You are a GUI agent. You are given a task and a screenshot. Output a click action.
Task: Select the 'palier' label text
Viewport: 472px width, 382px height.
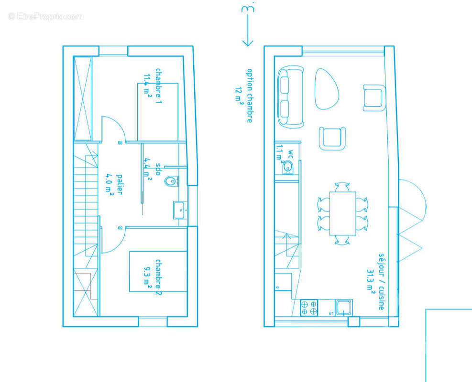120,184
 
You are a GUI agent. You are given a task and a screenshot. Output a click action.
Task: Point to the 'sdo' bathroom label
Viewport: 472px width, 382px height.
158,169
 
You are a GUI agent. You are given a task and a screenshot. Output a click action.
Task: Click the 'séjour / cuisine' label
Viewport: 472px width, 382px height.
382,282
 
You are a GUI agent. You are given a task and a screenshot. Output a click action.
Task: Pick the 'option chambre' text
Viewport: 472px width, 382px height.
250,95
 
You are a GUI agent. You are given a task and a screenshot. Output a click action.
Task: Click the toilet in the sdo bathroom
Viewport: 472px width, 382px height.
171,181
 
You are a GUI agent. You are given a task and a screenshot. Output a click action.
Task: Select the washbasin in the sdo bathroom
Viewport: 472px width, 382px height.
180,210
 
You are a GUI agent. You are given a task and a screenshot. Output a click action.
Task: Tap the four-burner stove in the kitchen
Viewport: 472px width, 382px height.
309,308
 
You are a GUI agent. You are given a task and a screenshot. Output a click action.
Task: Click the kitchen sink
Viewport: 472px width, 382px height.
343,308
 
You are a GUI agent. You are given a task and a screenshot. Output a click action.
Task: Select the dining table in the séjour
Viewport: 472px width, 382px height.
342,213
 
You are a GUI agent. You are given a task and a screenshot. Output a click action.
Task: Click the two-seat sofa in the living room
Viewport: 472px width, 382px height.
291,97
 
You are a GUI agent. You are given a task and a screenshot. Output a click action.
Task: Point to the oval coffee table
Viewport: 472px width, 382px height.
327,89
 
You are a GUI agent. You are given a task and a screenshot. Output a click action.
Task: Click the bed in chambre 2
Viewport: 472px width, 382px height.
158,271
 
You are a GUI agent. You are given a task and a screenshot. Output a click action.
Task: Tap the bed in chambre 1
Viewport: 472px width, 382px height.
158,112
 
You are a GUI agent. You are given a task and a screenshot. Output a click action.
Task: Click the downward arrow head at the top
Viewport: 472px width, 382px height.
248,43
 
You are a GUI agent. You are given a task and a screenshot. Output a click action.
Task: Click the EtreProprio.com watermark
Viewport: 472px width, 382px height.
46,16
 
